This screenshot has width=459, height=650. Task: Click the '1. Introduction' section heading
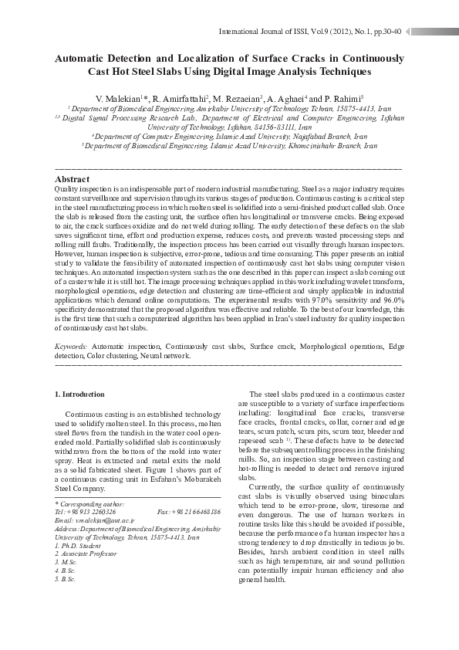[81, 394]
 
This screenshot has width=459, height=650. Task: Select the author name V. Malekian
[117, 100]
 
